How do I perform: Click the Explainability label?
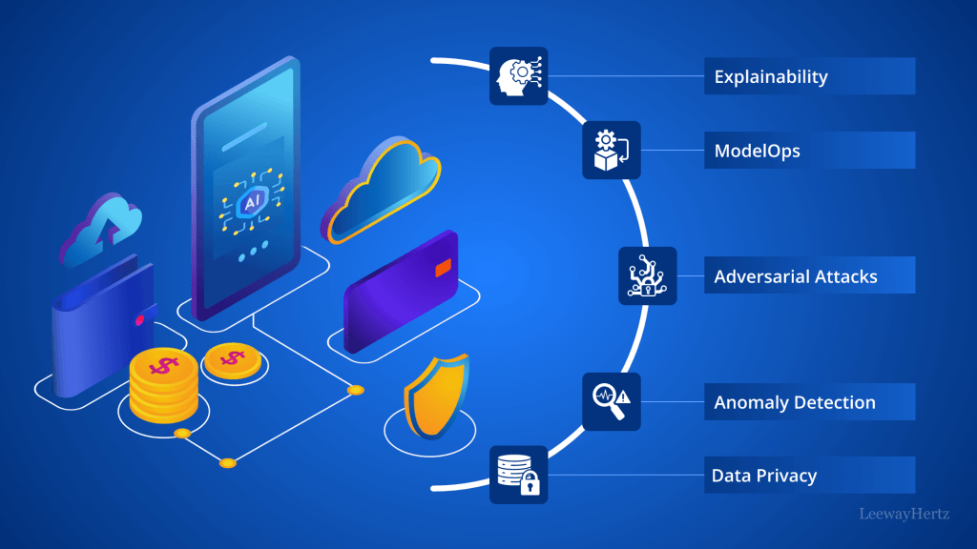click(771, 76)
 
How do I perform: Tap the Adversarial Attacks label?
click(796, 277)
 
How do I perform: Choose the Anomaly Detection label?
click(795, 402)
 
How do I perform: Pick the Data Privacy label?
click(764, 475)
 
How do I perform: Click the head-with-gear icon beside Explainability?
click(519, 75)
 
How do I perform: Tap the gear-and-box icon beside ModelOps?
click(612, 151)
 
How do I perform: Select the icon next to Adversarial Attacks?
click(648, 276)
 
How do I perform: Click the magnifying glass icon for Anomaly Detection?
click(612, 401)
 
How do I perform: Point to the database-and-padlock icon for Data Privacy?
click(519, 475)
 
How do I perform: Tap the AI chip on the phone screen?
click(253, 202)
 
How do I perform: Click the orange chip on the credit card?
click(443, 269)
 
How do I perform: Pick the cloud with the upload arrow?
click(102, 227)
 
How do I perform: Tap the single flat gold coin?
click(230, 360)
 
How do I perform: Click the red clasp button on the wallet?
click(141, 320)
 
